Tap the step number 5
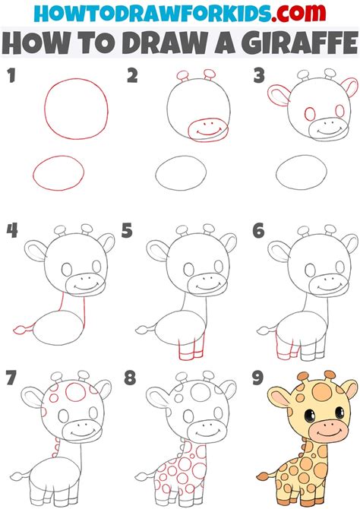127,229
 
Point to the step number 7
11,378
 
